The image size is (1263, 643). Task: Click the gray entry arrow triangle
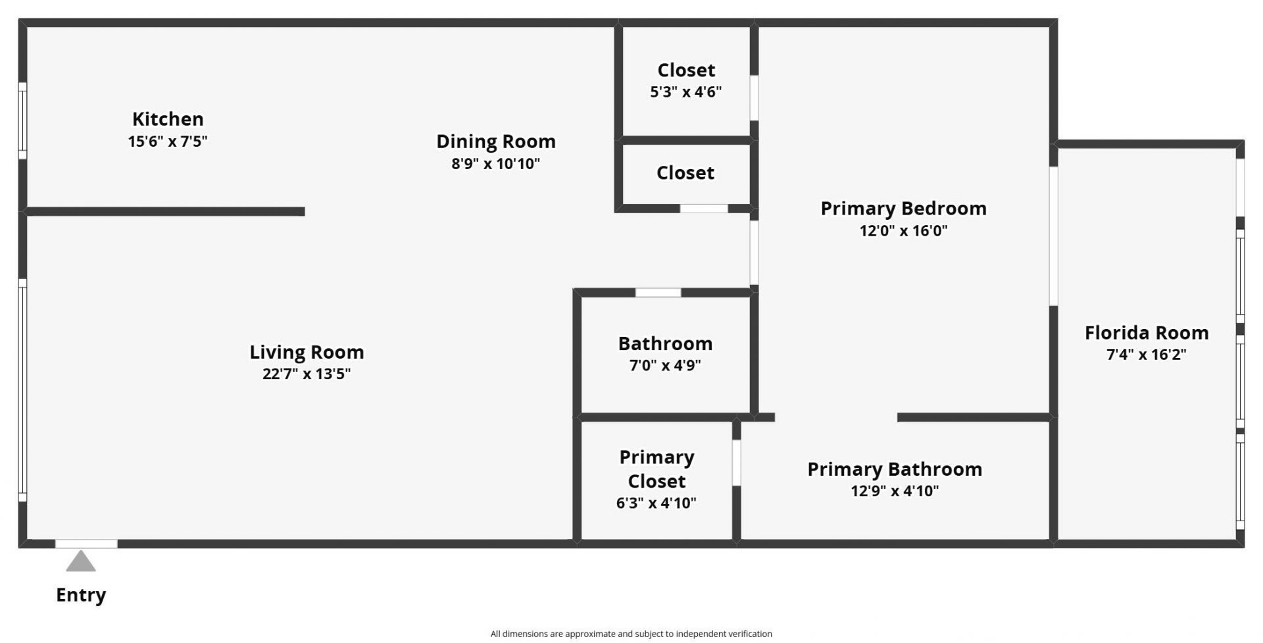(81, 562)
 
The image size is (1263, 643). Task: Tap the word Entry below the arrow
(81, 595)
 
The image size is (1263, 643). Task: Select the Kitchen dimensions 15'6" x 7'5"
(168, 141)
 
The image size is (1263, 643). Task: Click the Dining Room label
(496, 141)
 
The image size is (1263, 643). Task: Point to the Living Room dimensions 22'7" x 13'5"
(307, 374)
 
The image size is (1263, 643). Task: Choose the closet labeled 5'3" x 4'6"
(686, 92)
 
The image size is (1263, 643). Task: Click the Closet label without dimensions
(685, 173)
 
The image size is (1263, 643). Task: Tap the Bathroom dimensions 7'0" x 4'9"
(665, 365)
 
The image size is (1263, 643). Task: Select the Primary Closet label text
(656, 469)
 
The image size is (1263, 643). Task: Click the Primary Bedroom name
(903, 209)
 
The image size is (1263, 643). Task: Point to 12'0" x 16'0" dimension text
(903, 231)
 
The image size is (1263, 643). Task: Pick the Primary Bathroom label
(895, 469)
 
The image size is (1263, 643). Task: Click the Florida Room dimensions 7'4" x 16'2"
(1147, 355)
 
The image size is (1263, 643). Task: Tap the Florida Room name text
(1147, 333)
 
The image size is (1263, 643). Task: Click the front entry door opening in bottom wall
(86, 544)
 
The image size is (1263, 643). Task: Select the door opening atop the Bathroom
(658, 293)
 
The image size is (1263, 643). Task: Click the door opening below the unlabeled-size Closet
(704, 209)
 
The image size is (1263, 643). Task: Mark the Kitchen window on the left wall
(22, 120)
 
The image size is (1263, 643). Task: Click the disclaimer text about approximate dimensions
(631, 634)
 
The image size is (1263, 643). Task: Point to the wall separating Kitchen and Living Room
(164, 211)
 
